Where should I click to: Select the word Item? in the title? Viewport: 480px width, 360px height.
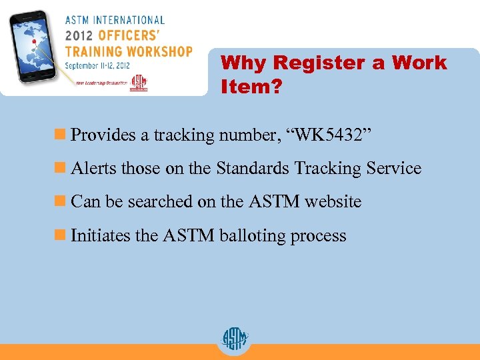(x=251, y=87)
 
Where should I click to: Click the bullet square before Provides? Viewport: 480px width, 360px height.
(x=63, y=135)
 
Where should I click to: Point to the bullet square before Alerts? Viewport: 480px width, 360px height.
(x=63, y=169)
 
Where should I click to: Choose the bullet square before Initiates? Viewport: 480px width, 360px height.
(x=63, y=235)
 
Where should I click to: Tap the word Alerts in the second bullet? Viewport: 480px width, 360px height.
(x=93, y=169)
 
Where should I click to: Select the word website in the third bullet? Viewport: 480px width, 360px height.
(x=333, y=202)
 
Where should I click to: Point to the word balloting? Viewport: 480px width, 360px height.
(x=253, y=236)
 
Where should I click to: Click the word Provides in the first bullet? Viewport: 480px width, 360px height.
(x=103, y=135)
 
